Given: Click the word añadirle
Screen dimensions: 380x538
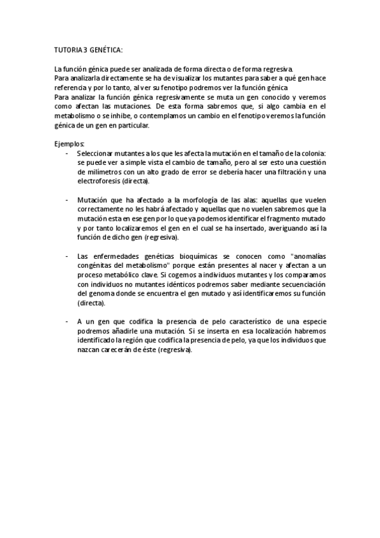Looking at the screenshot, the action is click(x=127, y=331).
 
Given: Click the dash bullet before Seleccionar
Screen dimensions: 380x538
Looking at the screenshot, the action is click(x=67, y=153).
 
